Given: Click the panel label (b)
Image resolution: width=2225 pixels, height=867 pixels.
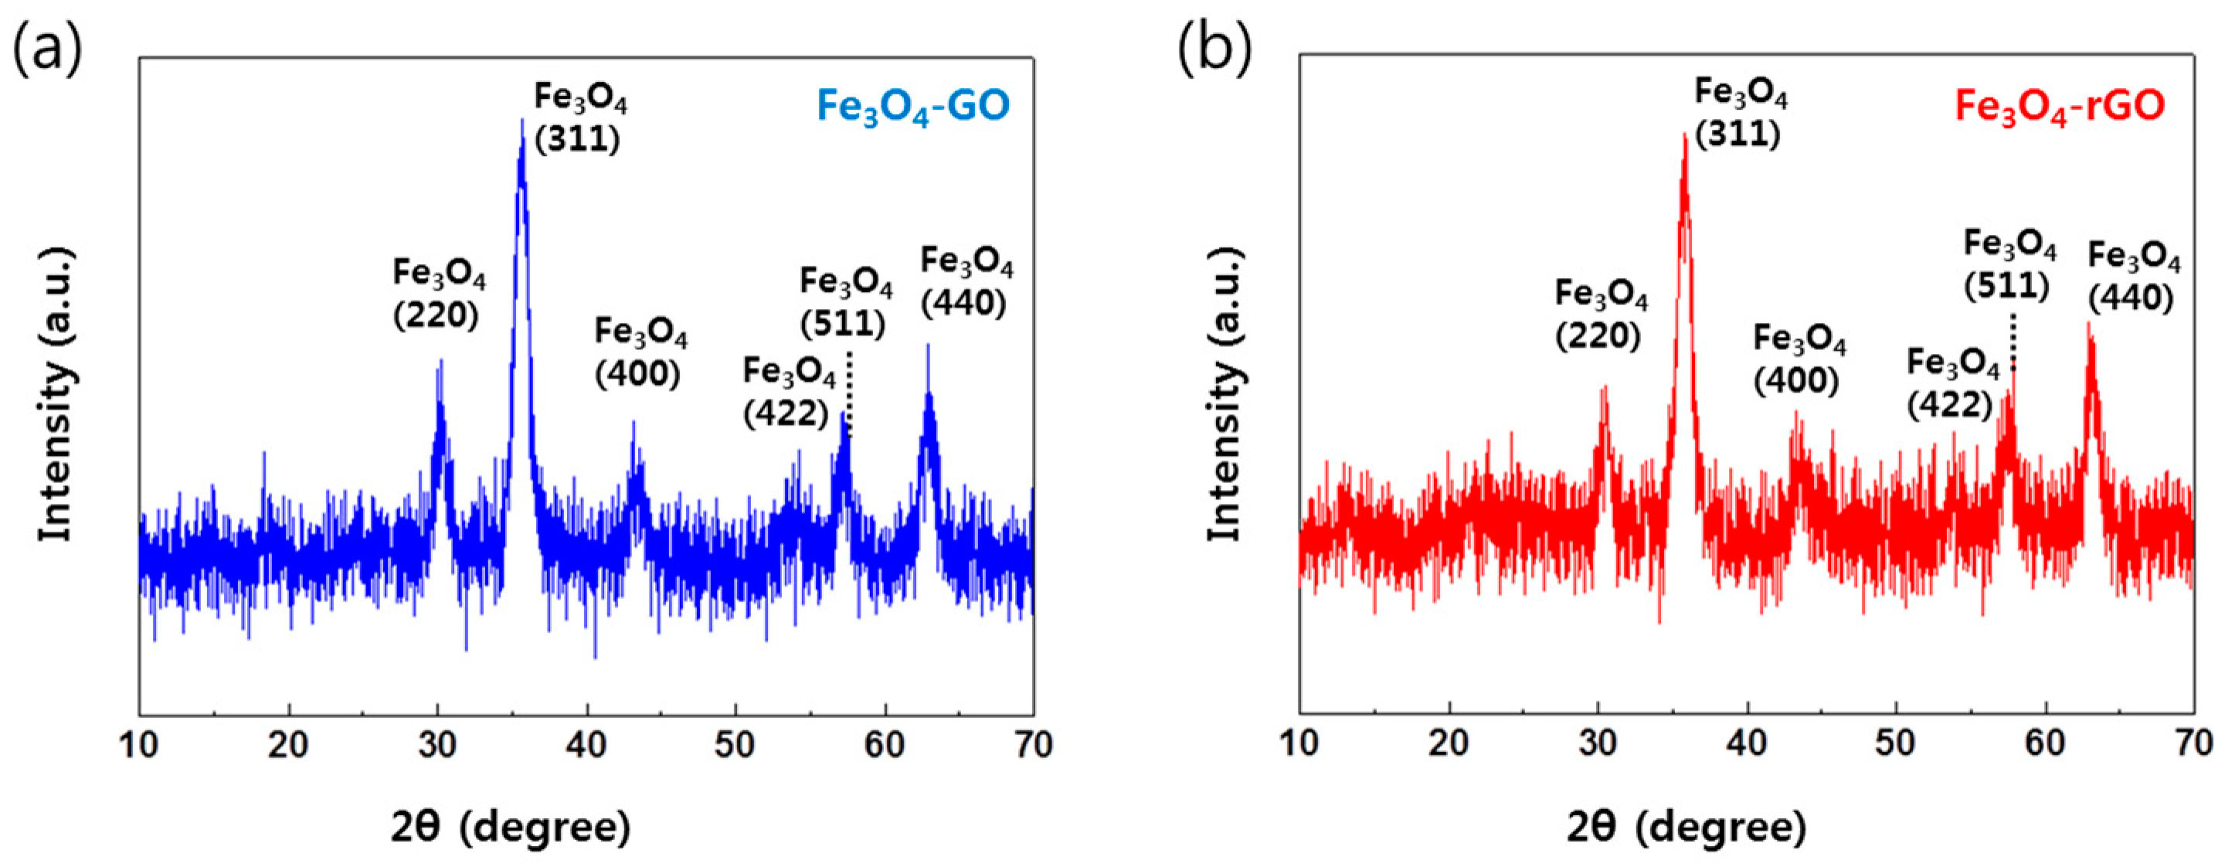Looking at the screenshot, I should pyautogui.click(x=1214, y=47).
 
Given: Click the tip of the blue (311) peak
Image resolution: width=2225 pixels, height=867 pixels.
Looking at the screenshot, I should pyautogui.click(x=521, y=121).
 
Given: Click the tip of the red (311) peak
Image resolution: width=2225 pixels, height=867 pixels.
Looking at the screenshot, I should pyautogui.click(x=1684, y=134).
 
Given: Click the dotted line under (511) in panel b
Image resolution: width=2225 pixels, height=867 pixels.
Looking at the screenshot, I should pyautogui.click(x=2013, y=341).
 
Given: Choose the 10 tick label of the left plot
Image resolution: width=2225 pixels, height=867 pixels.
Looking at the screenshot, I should pyautogui.click(x=139, y=744).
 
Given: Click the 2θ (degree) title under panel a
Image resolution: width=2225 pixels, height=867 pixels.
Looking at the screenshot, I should pyautogui.click(x=511, y=828).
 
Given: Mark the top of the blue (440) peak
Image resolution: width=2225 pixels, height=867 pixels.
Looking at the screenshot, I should pyautogui.click(x=928, y=345).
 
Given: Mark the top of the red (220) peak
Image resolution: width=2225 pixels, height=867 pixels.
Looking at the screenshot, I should pyautogui.click(x=1604, y=387).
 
